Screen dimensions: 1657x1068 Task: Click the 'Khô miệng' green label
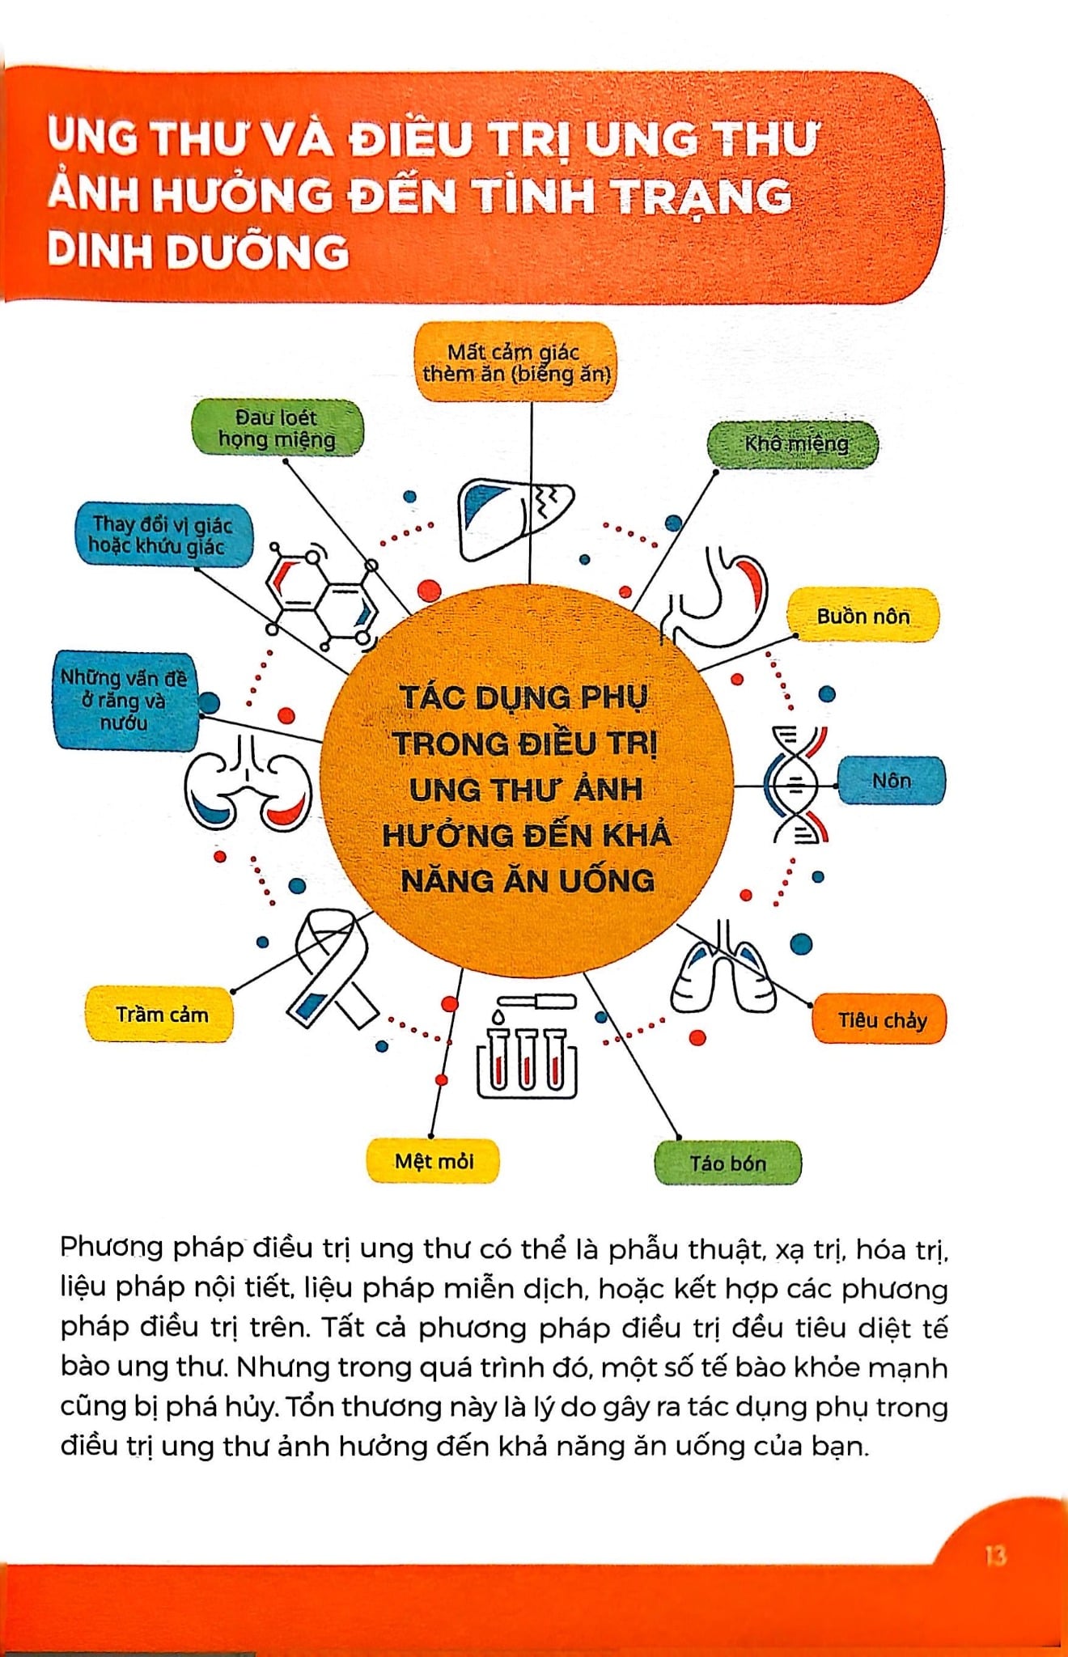(793, 444)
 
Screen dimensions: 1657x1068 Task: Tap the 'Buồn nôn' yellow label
(862, 617)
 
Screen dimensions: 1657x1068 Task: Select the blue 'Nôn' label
(891, 781)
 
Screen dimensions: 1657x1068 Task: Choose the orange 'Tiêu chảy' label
(880, 1019)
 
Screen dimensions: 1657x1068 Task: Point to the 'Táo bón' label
(727, 1163)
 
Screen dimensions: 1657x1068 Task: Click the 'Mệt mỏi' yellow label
(434, 1161)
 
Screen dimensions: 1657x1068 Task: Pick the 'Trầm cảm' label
(160, 1014)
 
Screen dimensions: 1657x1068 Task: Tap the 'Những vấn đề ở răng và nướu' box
(125, 701)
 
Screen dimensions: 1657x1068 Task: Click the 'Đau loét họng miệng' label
(277, 429)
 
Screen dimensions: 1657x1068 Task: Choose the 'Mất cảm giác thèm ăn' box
(515, 362)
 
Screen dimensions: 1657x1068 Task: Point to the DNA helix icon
(796, 783)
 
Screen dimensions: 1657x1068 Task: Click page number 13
(995, 1555)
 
